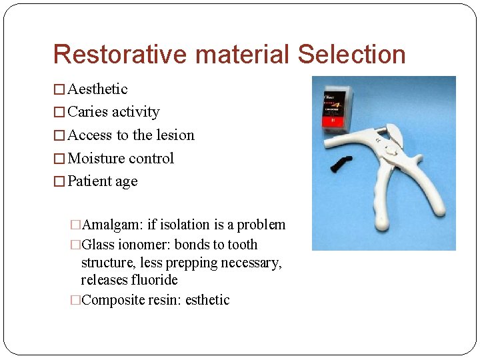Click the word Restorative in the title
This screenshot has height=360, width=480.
114,55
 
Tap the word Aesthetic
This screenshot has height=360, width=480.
97,89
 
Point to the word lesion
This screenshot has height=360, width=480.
175,135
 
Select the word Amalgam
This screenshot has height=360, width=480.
108,225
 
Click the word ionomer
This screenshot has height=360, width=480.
147,245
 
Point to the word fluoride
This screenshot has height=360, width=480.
153,280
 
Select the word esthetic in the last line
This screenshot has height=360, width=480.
209,300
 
